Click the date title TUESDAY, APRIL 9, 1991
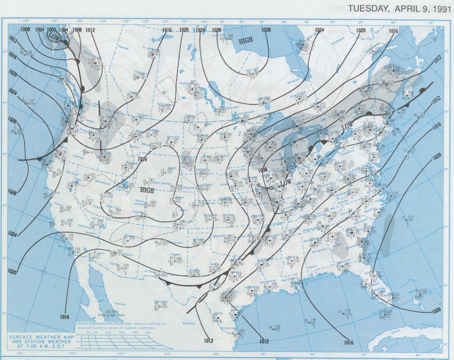tap(395, 10)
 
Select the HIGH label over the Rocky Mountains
tap(147, 189)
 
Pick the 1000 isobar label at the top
tap(51, 29)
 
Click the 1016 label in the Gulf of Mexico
tap(348, 342)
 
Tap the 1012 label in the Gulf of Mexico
tap(263, 341)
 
